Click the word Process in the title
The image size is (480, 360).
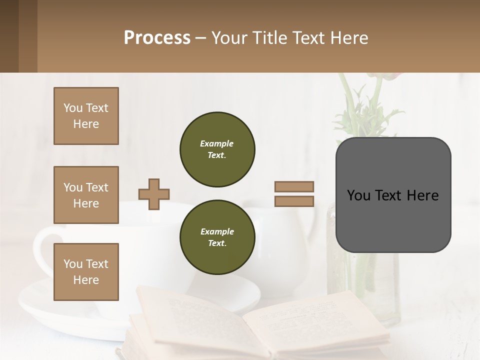coord(157,38)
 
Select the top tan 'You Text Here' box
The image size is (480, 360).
coord(86,116)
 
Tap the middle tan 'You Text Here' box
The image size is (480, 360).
coord(86,195)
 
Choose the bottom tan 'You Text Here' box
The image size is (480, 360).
coord(86,272)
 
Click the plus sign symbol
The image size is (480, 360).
coord(154,194)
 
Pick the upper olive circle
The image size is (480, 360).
coord(217,149)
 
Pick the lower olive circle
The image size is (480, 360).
coord(217,237)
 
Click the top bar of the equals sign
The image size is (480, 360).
coord(294,187)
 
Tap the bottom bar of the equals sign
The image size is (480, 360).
coord(294,201)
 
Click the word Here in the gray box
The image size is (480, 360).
coord(422,195)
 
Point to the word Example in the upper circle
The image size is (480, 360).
coord(217,143)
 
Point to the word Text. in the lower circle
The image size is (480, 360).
coord(217,243)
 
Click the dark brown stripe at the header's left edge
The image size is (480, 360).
coord(9,36)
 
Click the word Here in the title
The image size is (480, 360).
coord(350,38)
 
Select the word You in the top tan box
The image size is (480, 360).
coord(73,108)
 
